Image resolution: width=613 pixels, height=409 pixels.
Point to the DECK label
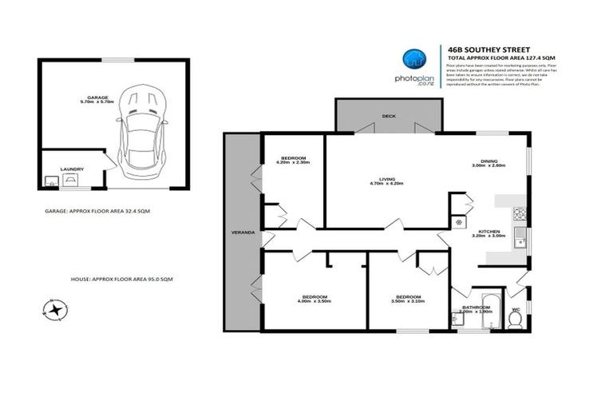pyautogui.click(x=389, y=117)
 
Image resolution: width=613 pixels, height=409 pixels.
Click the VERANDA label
pyautogui.click(x=243, y=232)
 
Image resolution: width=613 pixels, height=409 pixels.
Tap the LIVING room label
pyautogui.click(x=387, y=181)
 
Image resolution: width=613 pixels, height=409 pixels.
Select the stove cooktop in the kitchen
pyautogui.click(x=519, y=214)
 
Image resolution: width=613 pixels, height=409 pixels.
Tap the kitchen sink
pyautogui.click(x=520, y=236)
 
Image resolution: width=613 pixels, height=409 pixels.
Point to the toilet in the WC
pyautogui.click(x=516, y=319)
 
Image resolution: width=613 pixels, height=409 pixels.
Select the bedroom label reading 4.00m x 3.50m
pyautogui.click(x=312, y=299)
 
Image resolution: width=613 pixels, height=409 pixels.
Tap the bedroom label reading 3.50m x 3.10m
pyautogui.click(x=407, y=299)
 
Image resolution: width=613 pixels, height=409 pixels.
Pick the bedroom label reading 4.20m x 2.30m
pyautogui.click(x=292, y=161)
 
